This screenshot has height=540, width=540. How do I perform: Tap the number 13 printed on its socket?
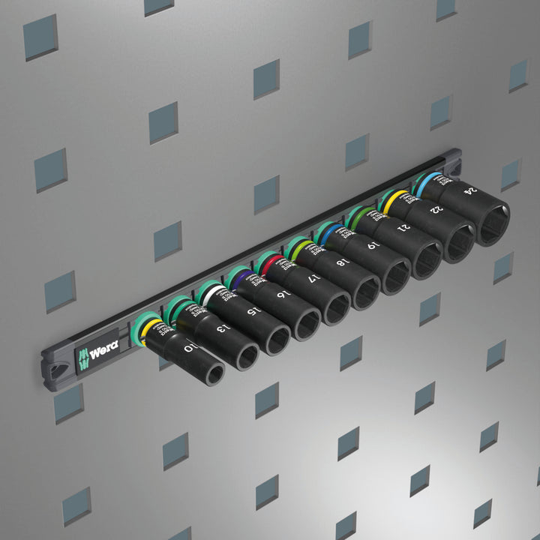click(220, 328)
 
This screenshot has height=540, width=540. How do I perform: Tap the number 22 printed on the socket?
click(433, 210)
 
